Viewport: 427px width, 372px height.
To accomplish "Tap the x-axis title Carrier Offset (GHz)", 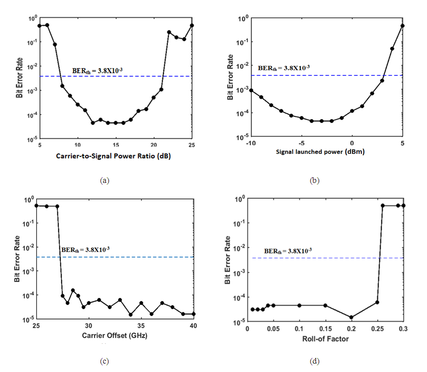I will pyautogui.click(x=115, y=335).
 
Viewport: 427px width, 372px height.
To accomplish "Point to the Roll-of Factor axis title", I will pyautogui.click(x=325, y=339).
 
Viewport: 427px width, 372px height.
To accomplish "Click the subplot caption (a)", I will pyautogui.click(x=104, y=180).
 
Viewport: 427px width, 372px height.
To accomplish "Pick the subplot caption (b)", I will pyautogui.click(x=315, y=180).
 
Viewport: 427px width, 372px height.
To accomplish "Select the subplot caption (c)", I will pyautogui.click(x=104, y=361).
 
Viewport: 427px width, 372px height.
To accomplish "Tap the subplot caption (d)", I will pyautogui.click(x=315, y=361).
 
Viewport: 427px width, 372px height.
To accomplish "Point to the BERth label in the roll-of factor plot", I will pyautogui.click(x=288, y=251).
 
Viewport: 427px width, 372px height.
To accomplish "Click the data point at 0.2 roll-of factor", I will pyautogui.click(x=351, y=317).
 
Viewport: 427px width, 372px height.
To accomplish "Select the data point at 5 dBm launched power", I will pyautogui.click(x=403, y=26).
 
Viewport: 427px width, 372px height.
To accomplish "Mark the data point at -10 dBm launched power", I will pyautogui.click(x=251, y=90).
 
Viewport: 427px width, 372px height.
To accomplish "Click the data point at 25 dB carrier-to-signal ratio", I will pyautogui.click(x=192, y=25).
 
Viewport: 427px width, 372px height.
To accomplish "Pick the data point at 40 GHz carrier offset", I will pyautogui.click(x=194, y=314).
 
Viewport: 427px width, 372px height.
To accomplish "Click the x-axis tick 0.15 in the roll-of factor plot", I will pyautogui.click(x=325, y=329).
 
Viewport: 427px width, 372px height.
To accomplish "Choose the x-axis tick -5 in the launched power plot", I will pyautogui.click(x=301, y=144).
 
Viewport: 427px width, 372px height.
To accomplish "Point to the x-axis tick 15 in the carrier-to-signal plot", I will pyautogui.click(x=115, y=145).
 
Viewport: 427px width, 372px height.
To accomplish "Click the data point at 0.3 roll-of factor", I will pyautogui.click(x=403, y=206).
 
